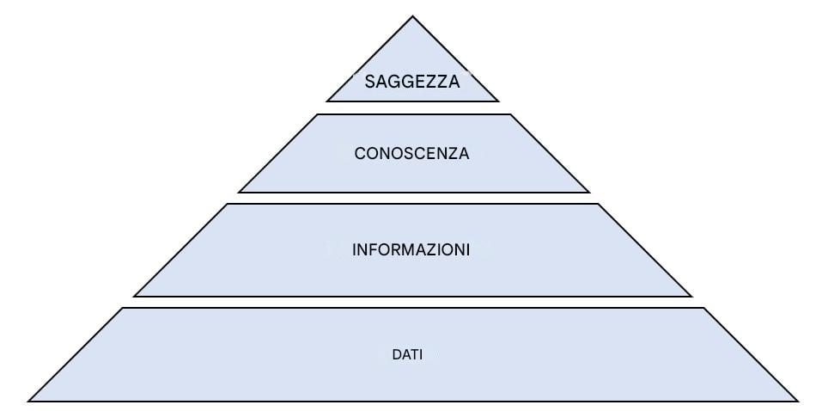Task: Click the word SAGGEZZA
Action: [412, 82]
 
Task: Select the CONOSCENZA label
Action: [411, 154]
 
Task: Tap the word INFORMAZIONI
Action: [411, 250]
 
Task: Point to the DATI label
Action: [407, 354]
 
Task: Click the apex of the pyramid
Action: [412, 16]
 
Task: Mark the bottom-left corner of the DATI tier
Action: [28, 401]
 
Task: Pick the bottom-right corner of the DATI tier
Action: [797, 401]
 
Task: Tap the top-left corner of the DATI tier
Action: [122, 308]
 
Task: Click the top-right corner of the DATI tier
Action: [703, 308]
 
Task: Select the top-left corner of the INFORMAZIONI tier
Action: [228, 204]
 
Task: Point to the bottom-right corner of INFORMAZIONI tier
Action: [691, 297]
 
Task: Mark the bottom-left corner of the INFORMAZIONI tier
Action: [135, 297]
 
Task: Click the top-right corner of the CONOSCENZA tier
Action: [510, 114]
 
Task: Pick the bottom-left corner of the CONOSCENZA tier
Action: [239, 193]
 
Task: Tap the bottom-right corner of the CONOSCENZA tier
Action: [589, 193]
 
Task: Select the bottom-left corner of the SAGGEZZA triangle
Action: [327, 101]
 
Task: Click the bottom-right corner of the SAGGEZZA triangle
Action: [498, 101]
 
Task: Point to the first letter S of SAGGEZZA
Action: [369, 82]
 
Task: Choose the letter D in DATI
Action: [395, 354]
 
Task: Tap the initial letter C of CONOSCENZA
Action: [360, 154]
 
